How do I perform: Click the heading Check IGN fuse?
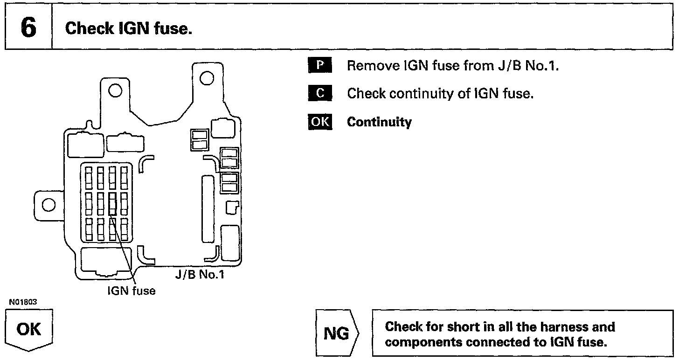pos(129,29)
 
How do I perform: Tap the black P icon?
pos(319,65)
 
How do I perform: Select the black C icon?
pos(319,94)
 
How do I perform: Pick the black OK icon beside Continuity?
pos(320,122)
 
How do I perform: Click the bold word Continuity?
pos(379,123)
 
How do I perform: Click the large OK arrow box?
pos(29,330)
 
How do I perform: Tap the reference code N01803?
pos(23,302)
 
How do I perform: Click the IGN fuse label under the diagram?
pos(132,291)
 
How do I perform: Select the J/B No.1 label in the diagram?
pos(200,274)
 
